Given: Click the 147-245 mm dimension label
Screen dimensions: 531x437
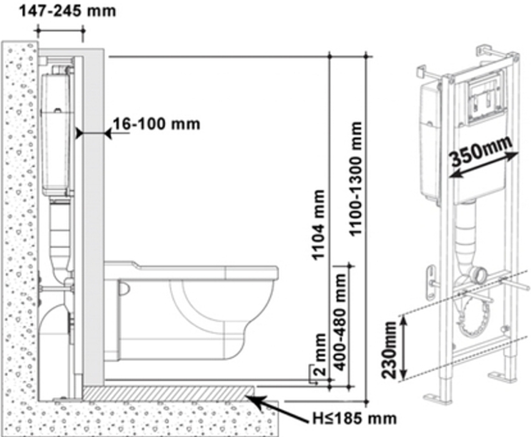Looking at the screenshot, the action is click(x=67, y=11).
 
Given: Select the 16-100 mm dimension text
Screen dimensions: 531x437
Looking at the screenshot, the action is click(x=156, y=124).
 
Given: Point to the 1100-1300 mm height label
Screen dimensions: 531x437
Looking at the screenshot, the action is click(x=355, y=179).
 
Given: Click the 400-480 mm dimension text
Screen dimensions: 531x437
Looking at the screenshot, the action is click(x=340, y=322).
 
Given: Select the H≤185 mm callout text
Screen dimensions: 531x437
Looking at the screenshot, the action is click(x=354, y=419).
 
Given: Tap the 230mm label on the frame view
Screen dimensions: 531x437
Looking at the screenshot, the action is click(x=389, y=350).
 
